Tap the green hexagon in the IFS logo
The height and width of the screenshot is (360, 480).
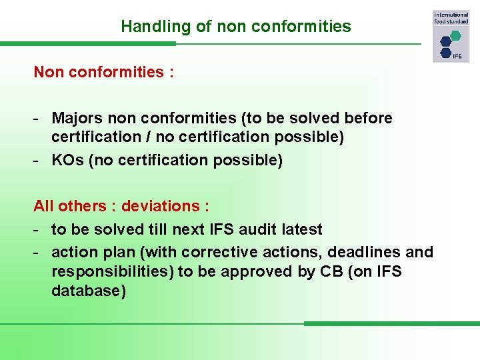click(x=455, y=35)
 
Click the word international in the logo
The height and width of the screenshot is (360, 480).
click(x=451, y=15)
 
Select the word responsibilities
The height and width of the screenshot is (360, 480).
click(x=109, y=272)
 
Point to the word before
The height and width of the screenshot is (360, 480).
click(x=369, y=118)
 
